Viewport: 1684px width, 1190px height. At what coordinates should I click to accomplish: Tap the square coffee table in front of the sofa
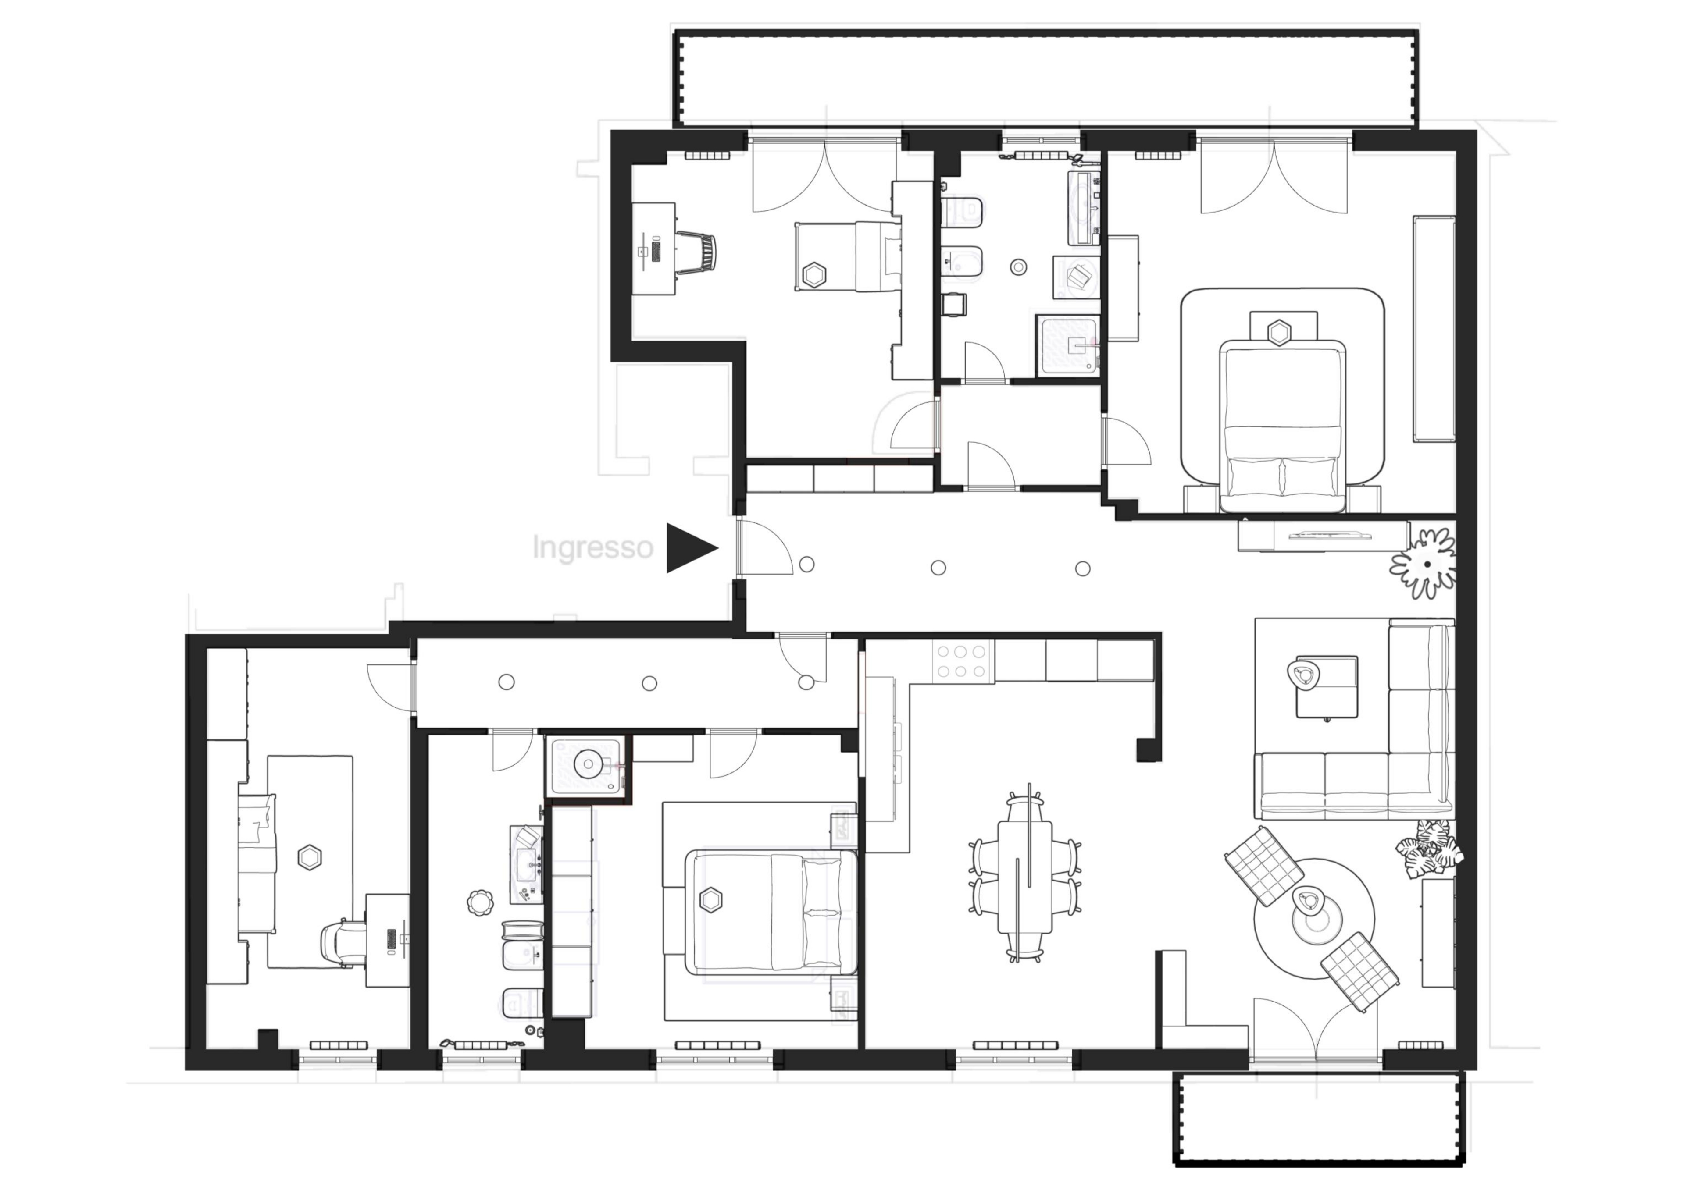coord(1326,686)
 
